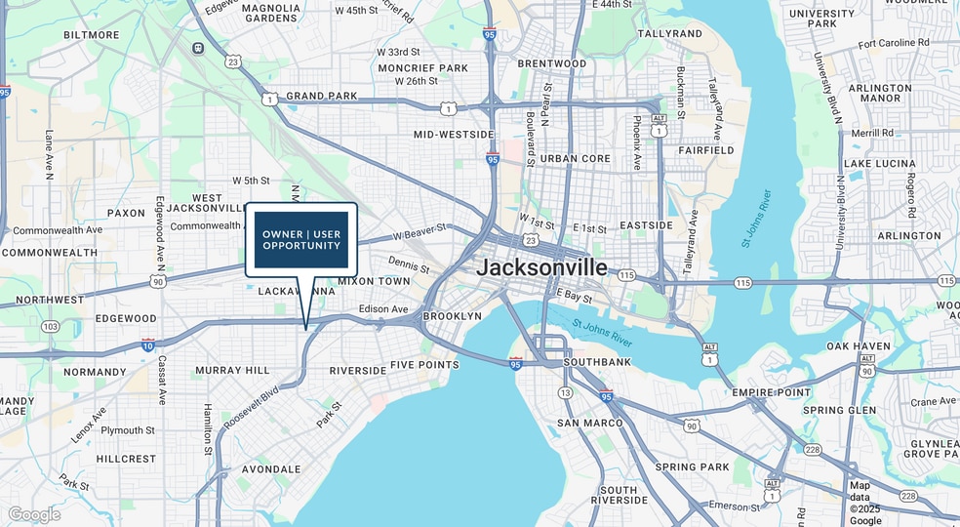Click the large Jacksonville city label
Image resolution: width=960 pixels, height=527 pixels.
pos(541,267)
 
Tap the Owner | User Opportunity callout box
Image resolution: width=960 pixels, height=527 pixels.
pos(301,239)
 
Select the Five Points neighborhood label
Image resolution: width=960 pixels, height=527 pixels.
pos(424,365)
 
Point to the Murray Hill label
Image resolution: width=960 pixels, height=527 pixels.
pos(232,371)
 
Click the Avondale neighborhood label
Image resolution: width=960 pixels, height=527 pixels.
pos(271,469)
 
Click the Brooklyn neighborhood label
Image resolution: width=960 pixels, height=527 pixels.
pos(453,317)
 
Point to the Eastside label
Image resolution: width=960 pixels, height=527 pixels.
pos(646,225)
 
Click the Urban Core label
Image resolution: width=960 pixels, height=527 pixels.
pos(576,158)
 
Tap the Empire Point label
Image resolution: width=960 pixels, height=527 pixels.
pos(772,392)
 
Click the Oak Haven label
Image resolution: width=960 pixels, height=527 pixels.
pos(859,346)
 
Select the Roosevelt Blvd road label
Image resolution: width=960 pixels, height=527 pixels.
pos(252,407)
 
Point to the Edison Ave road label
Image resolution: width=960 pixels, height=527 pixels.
pos(383,309)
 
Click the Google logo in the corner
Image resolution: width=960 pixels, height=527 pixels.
pos(34,514)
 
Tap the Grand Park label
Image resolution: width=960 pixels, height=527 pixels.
pos(321,96)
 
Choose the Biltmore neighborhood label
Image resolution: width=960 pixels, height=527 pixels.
pos(91,35)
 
